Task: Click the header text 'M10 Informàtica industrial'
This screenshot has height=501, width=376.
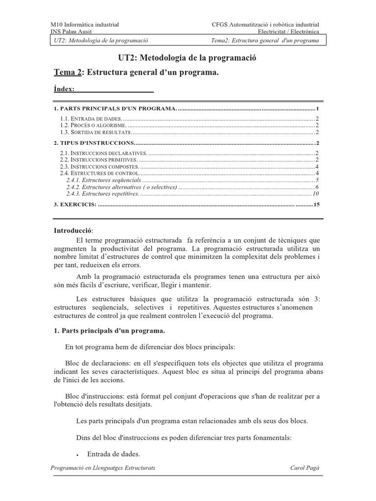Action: coord(85,24)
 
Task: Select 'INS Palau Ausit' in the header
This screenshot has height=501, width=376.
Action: coord(72,31)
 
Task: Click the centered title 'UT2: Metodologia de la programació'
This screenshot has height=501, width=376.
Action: coord(188,58)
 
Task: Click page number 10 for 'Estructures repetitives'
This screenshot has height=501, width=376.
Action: coord(316,194)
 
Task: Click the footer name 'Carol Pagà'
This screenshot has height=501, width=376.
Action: coord(305,468)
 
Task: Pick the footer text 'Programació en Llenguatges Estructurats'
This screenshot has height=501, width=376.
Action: coord(103,468)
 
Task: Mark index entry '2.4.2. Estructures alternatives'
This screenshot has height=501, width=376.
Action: coord(122,187)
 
